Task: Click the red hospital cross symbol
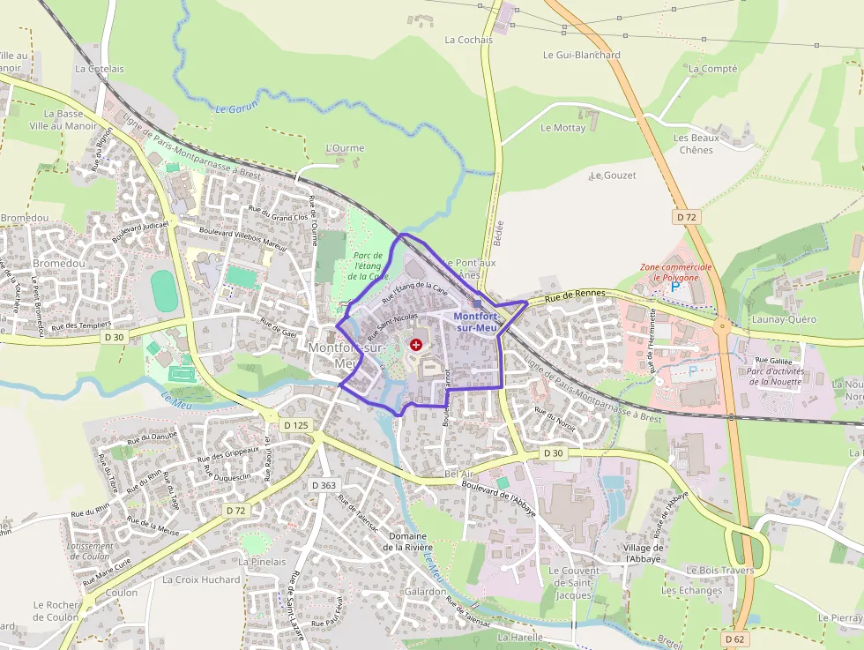tap(415, 344)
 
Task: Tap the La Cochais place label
tap(468, 40)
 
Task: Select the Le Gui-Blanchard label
tap(581, 55)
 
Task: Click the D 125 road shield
tap(297, 425)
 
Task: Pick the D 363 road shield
tap(324, 485)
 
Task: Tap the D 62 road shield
tap(734, 639)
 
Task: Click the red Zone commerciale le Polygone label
tap(675, 272)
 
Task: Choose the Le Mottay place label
tap(562, 128)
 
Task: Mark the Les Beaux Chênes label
tap(696, 144)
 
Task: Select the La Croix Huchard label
tap(201, 579)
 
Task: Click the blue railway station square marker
tap(477, 303)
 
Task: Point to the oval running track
tap(164, 290)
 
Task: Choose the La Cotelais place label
tap(100, 68)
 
